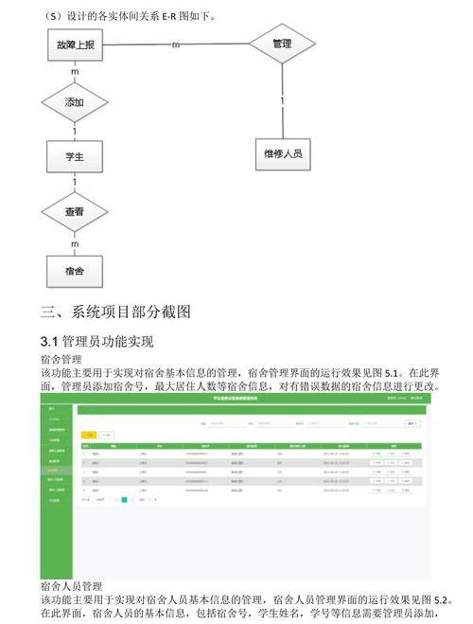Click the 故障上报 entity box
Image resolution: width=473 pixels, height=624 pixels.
click(x=75, y=45)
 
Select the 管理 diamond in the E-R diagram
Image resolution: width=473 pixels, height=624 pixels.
click(x=281, y=45)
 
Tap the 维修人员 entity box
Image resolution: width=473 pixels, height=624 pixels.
click(x=282, y=153)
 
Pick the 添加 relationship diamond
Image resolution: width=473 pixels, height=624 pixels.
click(x=75, y=101)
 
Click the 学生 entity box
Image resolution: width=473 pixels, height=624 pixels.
click(x=75, y=157)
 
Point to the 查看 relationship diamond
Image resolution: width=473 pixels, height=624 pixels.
click(x=75, y=213)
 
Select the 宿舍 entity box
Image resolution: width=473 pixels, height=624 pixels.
click(x=75, y=271)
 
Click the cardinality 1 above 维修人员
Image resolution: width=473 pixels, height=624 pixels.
click(x=281, y=100)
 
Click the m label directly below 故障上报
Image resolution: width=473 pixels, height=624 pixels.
click(x=75, y=73)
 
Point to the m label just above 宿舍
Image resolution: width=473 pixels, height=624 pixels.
click(x=75, y=244)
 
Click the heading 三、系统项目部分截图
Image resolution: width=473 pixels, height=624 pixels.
click(x=116, y=312)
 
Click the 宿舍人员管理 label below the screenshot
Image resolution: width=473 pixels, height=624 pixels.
click(x=72, y=586)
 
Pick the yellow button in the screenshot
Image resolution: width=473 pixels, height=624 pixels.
click(x=91, y=434)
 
